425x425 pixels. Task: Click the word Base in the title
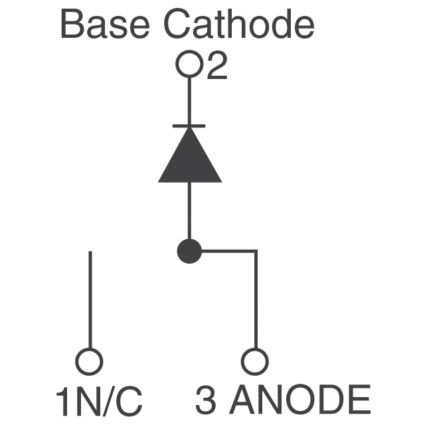pos(105,25)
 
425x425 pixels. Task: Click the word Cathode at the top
pos(239,24)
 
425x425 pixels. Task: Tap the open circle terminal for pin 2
pos(189,64)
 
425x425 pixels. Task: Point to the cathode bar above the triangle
pos(189,126)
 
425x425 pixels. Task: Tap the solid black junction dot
pos(189,251)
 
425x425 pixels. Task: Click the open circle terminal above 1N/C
pos(89,361)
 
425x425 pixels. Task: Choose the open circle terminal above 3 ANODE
pos(255,361)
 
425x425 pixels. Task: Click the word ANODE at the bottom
pos(301,400)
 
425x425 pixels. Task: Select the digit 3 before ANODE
pos(206,400)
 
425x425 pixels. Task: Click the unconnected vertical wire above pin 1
pos(90,299)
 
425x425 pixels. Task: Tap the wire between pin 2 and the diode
pos(189,101)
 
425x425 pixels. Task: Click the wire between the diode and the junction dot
pos(189,211)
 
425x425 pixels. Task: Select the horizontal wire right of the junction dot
pos(229,251)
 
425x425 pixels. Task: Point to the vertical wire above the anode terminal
pos(255,299)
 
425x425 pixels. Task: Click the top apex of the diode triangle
pos(190,127)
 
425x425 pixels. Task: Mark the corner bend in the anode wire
pos(255,251)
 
